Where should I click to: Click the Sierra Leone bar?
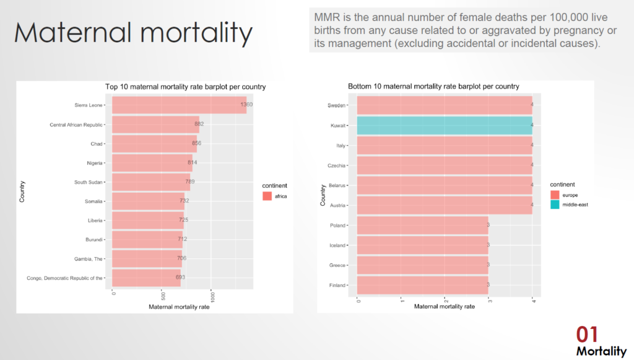point(180,105)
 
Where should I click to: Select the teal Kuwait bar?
point(445,125)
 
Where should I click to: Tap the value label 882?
point(199,124)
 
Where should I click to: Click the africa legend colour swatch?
point(267,196)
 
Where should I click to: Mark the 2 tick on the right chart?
point(445,301)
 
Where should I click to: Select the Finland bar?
point(423,285)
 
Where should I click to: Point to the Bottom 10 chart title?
point(433,86)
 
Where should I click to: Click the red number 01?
point(588,335)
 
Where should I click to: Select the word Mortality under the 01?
point(601,351)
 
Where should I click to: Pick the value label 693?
point(180,277)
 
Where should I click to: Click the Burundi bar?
point(147,239)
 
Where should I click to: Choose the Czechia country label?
point(337,165)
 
